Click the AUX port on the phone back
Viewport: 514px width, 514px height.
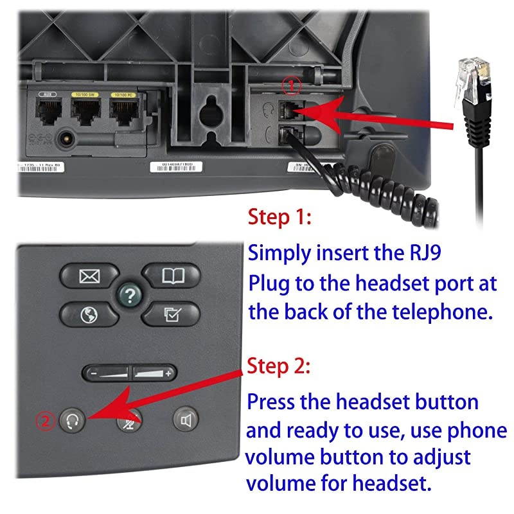pyautogui.click(x=47, y=113)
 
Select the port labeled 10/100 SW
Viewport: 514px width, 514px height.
pyautogui.click(x=84, y=113)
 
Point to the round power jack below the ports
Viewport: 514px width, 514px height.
pyautogui.click(x=65, y=138)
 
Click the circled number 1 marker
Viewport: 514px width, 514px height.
pyautogui.click(x=292, y=85)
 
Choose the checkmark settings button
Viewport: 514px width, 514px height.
pyautogui.click(x=170, y=314)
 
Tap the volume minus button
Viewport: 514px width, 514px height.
pyautogui.click(x=107, y=373)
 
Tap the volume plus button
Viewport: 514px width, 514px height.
pyautogui.click(x=155, y=373)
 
